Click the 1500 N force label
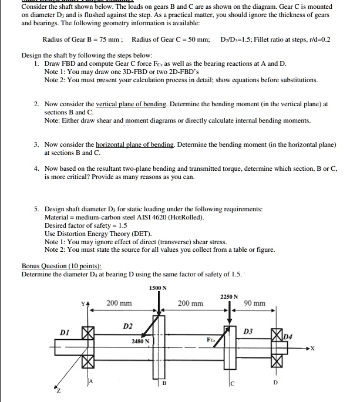coord(158,288)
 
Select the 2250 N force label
coord(229,297)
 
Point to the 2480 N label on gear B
coord(140,340)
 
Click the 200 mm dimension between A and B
coord(119,303)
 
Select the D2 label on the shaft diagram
coord(128,325)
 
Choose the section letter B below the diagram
coord(164,384)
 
